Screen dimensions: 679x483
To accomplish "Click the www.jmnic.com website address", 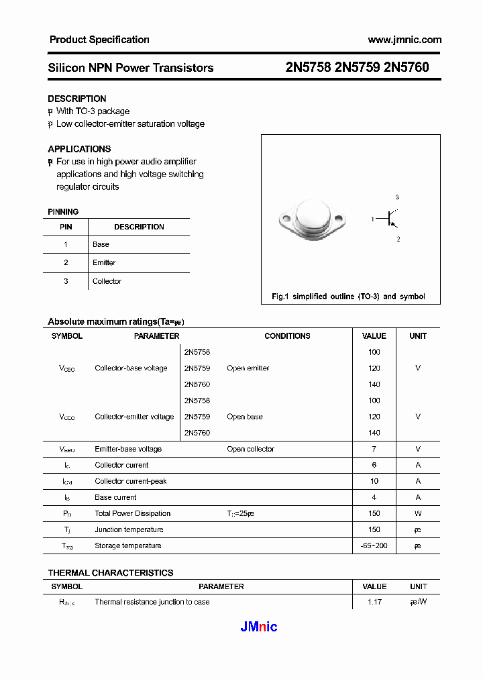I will click(405, 40).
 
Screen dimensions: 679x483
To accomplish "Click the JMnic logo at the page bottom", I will click(258, 627).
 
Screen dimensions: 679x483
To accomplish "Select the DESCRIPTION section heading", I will click(76, 99).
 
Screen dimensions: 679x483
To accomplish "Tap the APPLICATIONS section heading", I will click(79, 149).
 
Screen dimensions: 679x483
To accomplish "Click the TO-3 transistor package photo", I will click(311, 219).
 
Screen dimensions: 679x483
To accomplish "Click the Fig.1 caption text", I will click(347, 297).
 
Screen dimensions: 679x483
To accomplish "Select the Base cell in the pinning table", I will click(101, 244).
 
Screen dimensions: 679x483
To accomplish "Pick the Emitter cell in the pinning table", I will click(104, 262).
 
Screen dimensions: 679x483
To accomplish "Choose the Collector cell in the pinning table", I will click(107, 281).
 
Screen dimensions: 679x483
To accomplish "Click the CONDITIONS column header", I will click(287, 336).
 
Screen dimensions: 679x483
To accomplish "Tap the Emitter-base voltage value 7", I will click(374, 449).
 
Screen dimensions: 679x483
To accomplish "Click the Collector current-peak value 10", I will click(374, 481).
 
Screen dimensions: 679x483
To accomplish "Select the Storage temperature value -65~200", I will click(374, 545).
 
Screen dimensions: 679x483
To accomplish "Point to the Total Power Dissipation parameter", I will click(132, 513).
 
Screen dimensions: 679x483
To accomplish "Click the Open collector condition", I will click(250, 449).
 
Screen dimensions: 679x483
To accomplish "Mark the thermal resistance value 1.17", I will click(374, 602).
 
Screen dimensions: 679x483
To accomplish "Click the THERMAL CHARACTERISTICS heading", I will click(110, 572).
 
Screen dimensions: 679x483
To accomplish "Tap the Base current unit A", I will click(418, 497).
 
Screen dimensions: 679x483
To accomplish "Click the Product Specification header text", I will click(99, 40).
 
